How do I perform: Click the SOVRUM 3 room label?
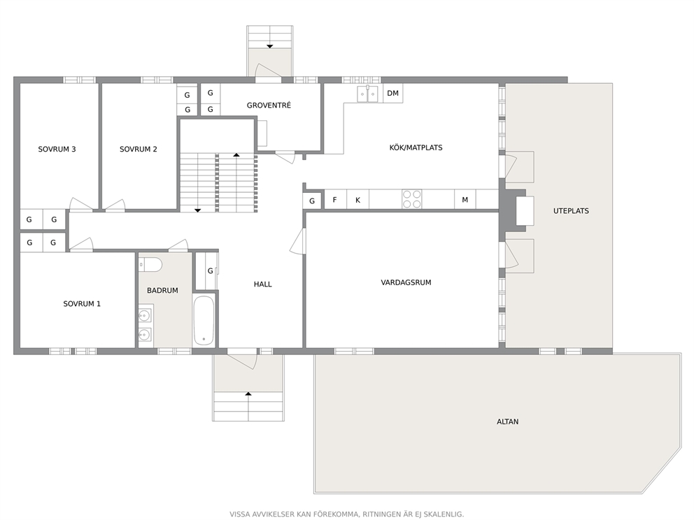pos(57,150)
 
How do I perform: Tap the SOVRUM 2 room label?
pos(138,150)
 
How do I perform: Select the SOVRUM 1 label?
pos(82,304)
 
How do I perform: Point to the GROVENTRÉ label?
pos(269,106)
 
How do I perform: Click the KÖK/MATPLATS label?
pos(416,147)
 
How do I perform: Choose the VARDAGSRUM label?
pos(406,282)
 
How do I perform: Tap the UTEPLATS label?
pos(571,211)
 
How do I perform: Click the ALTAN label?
pos(507,422)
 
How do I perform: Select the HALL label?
pos(262,284)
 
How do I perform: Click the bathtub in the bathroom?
pos(204,321)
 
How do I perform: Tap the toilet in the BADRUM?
pos(150,265)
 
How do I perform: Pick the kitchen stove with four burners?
pos(411,199)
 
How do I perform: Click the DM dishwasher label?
pos(392,93)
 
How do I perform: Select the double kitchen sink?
pos(368,94)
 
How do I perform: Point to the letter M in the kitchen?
pos(465,200)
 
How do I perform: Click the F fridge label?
pos(334,200)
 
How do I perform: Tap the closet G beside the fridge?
pos(312,201)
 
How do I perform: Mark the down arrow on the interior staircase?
pos(197,210)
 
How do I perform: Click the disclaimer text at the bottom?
pos(346,514)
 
